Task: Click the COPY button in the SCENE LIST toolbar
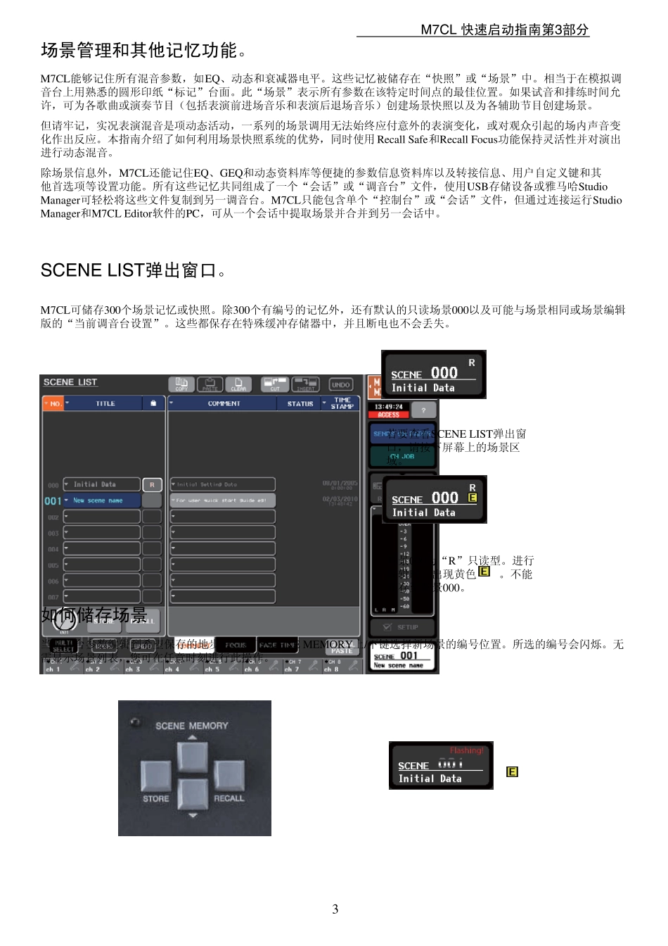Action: tap(181, 384)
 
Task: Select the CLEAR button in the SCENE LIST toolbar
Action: tap(238, 384)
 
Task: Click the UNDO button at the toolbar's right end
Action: tap(341, 385)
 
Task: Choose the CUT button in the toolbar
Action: tap(275, 384)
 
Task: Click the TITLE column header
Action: tap(105, 403)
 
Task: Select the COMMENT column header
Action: tap(224, 403)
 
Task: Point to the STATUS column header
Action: tap(300, 403)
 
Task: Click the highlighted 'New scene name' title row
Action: tap(102, 500)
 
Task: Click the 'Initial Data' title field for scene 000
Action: tap(102, 484)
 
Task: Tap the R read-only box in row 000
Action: tap(152, 484)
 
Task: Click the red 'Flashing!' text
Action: tap(466, 750)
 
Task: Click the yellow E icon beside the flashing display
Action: tap(512, 772)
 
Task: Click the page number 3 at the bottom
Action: tap(335, 909)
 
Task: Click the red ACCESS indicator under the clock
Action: tap(389, 415)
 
